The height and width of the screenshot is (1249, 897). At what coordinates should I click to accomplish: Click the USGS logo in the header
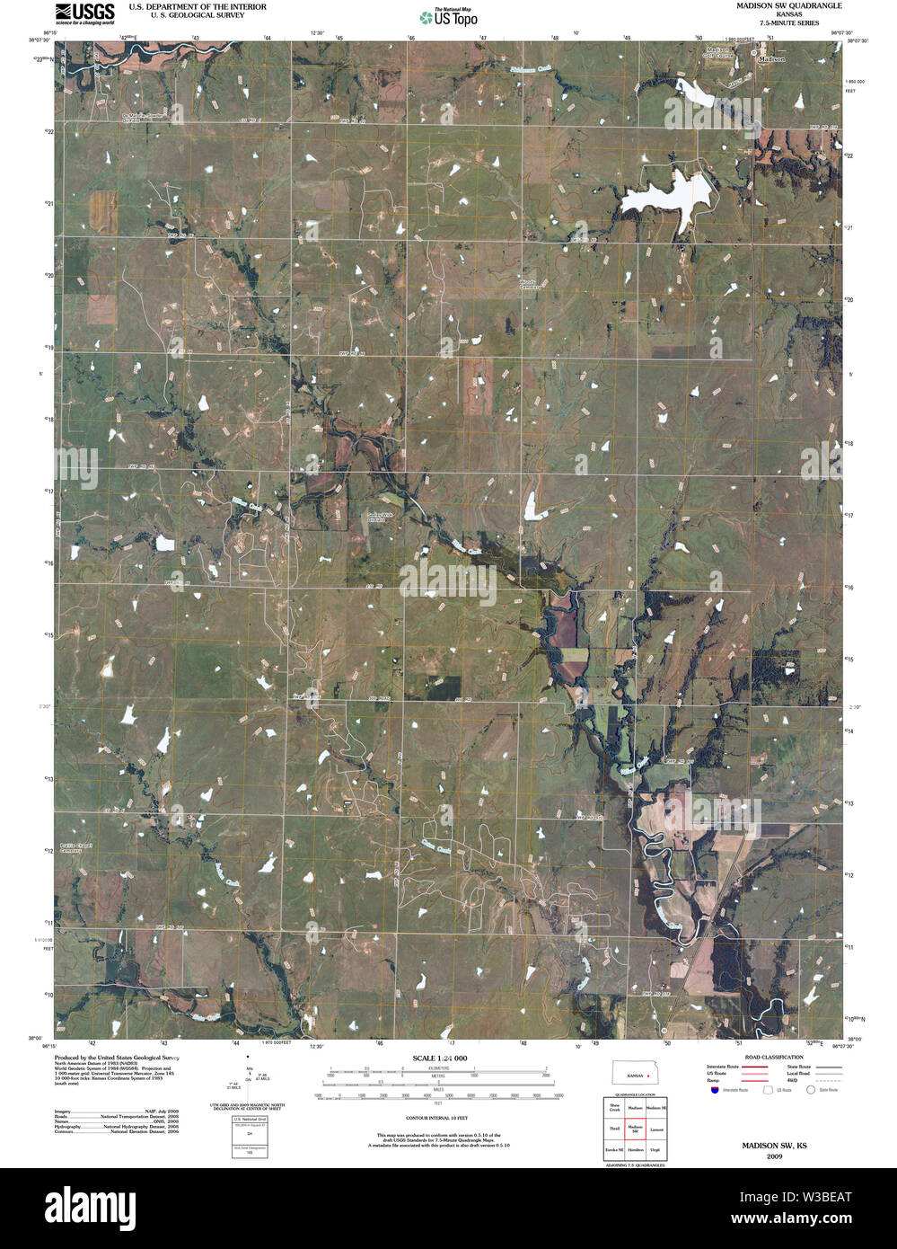tap(85, 13)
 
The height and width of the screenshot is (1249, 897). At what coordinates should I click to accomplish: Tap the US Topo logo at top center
tap(449, 16)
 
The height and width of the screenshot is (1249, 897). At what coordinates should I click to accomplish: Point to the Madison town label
tap(771, 59)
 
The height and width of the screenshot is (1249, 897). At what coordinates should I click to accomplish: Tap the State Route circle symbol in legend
tap(810, 1090)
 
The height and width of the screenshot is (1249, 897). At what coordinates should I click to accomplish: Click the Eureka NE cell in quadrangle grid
tap(615, 1149)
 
